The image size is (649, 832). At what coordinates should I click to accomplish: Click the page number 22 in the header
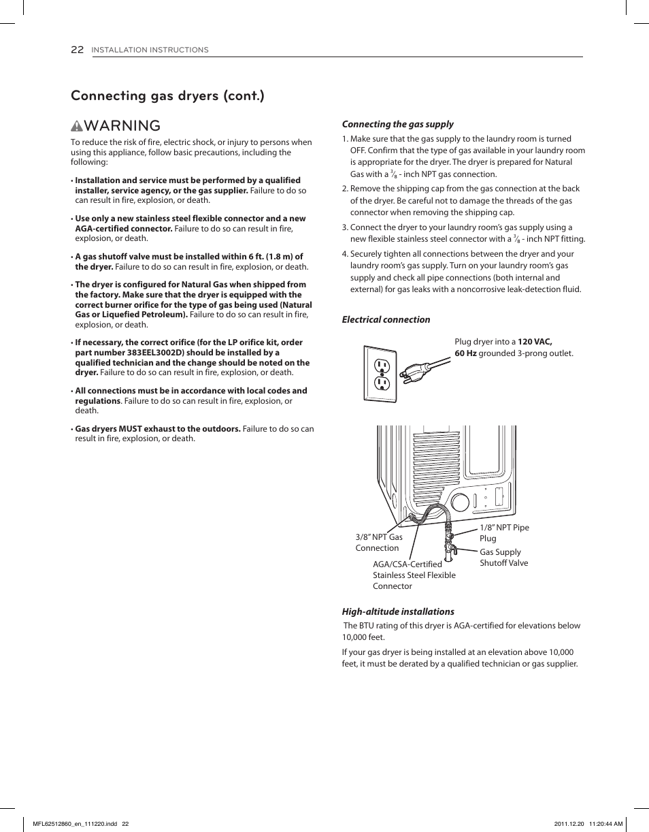(x=77, y=50)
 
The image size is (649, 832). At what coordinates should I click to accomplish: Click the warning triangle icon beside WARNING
(x=77, y=127)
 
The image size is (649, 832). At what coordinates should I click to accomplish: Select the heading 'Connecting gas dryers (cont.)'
(x=167, y=95)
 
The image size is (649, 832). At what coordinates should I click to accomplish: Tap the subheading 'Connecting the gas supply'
(x=397, y=124)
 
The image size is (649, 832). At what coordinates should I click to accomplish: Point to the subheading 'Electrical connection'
(x=386, y=319)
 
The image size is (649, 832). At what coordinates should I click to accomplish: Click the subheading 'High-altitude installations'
(x=398, y=611)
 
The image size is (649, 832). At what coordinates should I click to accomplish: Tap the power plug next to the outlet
(x=414, y=372)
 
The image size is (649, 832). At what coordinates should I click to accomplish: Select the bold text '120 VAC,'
(x=534, y=342)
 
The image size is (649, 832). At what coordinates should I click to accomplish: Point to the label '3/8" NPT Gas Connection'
(x=379, y=543)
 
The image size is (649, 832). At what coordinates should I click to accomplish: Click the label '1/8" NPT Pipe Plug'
(x=503, y=532)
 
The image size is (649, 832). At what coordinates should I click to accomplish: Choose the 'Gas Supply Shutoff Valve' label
(x=503, y=558)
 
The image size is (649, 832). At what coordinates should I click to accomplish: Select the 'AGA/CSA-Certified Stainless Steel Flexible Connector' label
(x=414, y=575)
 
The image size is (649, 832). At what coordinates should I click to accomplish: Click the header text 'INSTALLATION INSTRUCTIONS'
(x=150, y=50)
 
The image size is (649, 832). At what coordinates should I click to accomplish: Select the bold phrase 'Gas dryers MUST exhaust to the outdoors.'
(x=158, y=429)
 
